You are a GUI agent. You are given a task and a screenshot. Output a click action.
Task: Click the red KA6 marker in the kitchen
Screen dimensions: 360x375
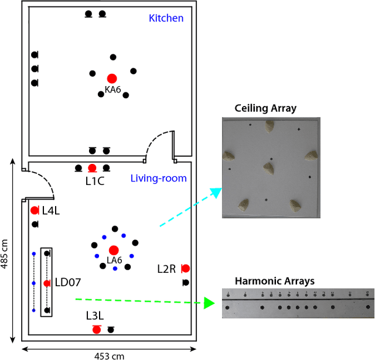(111, 78)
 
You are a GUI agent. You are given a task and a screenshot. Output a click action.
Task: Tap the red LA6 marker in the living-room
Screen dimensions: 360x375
(114, 250)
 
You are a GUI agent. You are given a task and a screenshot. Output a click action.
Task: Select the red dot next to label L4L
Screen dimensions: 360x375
(34, 210)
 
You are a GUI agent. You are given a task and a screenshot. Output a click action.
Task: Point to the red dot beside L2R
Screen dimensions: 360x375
(186, 268)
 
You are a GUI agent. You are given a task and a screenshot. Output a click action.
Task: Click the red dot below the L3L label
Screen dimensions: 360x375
(97, 330)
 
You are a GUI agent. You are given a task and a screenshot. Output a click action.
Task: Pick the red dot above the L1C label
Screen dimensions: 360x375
(92, 168)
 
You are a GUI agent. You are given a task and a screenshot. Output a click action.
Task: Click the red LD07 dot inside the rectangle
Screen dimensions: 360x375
(47, 283)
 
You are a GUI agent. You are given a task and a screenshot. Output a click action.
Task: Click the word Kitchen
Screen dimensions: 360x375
(166, 18)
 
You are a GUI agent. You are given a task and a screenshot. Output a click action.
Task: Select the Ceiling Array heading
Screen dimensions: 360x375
(265, 108)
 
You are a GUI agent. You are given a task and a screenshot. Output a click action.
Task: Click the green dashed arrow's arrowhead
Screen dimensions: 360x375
(208, 303)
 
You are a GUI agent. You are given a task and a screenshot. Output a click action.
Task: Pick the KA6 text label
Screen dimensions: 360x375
(113, 90)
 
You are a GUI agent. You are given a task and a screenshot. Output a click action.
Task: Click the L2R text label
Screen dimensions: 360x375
(166, 269)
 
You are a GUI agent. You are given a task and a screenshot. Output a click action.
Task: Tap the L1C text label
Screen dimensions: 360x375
(95, 181)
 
